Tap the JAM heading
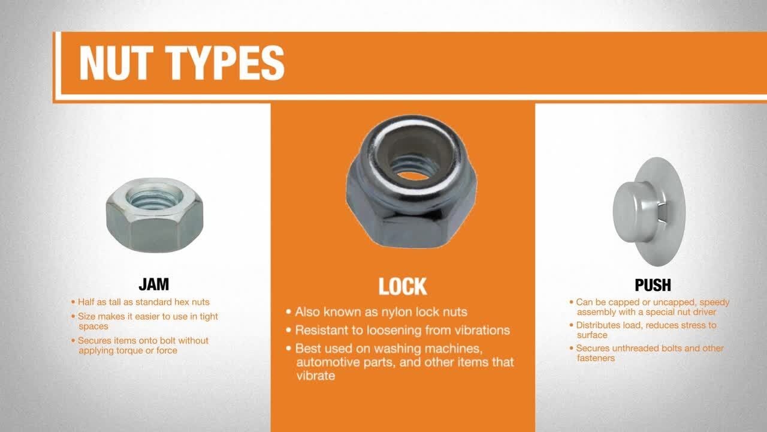click(x=154, y=284)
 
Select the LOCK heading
click(x=403, y=286)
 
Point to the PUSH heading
click(x=653, y=285)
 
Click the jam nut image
click(x=155, y=215)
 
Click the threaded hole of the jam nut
click(x=155, y=197)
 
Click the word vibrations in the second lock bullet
click(x=482, y=330)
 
